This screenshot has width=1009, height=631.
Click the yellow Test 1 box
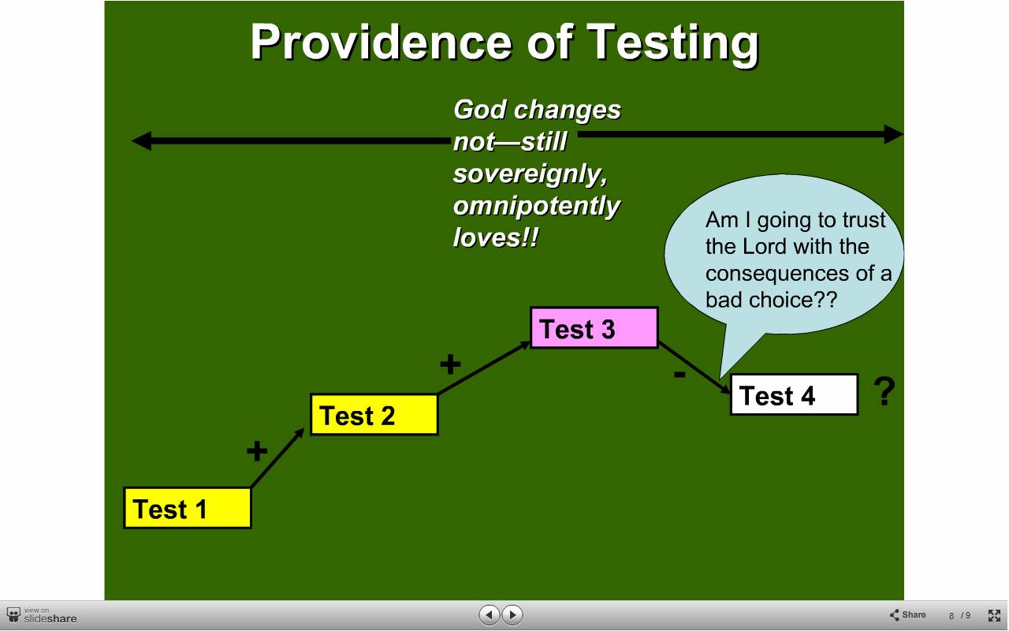click(x=188, y=508)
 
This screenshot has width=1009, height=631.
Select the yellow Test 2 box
click(x=374, y=415)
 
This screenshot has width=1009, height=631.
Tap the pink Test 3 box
click(x=594, y=327)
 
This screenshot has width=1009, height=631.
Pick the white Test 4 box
click(x=794, y=394)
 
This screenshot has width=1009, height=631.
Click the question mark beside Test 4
click(x=884, y=391)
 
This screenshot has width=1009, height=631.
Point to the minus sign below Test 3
click(x=679, y=374)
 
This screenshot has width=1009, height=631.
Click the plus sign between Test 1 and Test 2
click(x=257, y=450)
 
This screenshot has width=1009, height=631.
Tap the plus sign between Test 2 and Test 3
click(x=450, y=364)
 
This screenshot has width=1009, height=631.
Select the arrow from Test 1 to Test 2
click(x=277, y=457)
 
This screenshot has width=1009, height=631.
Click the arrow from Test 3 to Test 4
click(x=694, y=368)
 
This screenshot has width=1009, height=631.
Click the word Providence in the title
click(x=381, y=42)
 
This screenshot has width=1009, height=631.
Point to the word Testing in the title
click(x=673, y=43)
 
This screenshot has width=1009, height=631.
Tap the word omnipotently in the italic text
click(x=536, y=207)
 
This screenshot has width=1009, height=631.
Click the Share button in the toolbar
click(x=907, y=614)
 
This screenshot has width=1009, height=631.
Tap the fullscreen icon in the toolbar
click(x=994, y=615)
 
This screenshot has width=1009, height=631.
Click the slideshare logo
click(x=42, y=616)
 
